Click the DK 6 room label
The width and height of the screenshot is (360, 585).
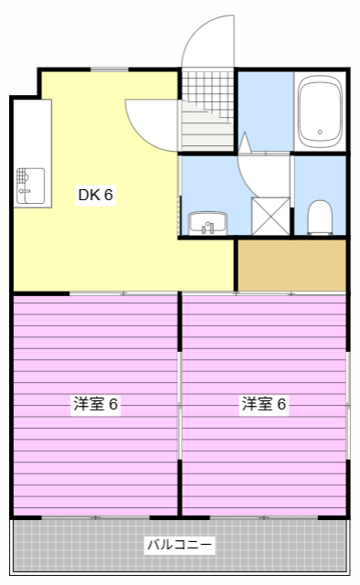[95, 195]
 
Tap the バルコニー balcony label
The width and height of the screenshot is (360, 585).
[180, 546]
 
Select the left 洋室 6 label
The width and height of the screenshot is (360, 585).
[96, 404]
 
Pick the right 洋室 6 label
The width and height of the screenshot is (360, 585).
[264, 404]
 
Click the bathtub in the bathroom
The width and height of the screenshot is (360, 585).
[319, 112]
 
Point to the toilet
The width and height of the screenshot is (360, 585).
[319, 217]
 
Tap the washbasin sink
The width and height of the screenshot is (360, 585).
[208, 222]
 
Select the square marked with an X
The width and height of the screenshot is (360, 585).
[270, 215]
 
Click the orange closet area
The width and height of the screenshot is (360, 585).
[291, 265]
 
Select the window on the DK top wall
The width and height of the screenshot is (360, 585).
[110, 69]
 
